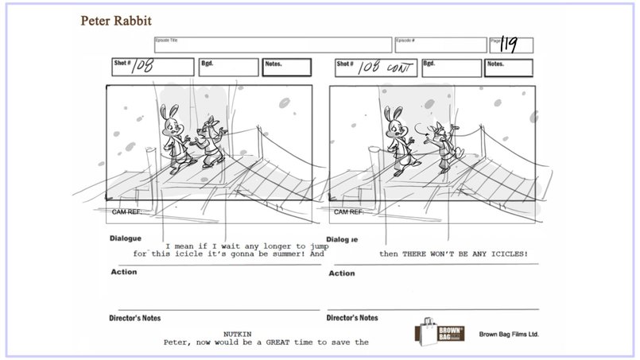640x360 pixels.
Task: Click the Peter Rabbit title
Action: point(116,19)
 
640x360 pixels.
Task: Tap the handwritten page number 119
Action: point(509,45)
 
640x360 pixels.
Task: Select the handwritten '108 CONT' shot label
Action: point(386,68)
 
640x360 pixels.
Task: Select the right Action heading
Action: point(341,273)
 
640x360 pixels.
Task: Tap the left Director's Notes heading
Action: point(134,318)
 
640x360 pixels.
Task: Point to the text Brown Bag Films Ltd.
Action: point(509,335)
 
